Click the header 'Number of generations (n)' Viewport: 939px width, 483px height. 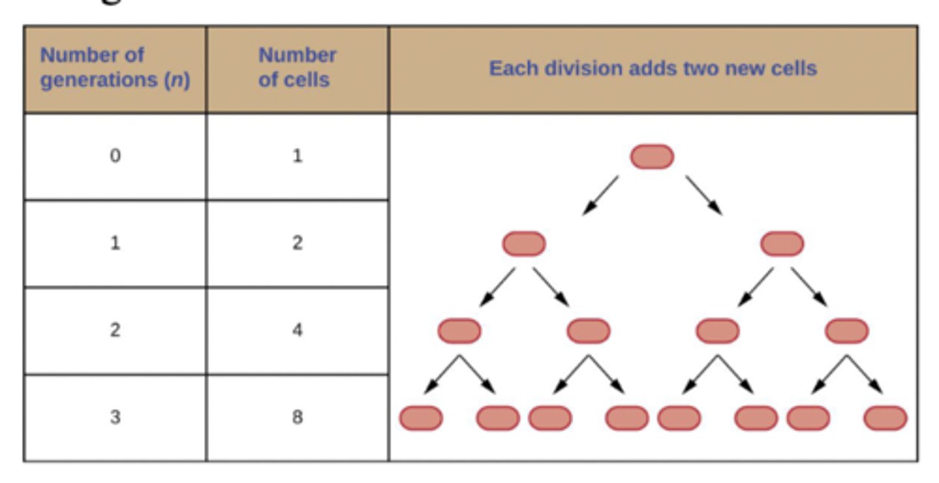115,68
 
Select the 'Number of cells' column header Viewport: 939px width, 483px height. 297,68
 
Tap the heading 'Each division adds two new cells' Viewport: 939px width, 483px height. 653,69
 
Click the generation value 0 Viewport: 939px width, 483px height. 115,157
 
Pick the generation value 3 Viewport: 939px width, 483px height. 115,417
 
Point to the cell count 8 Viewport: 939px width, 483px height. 297,417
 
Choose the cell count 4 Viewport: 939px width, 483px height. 297,330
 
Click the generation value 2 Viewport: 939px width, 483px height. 115,330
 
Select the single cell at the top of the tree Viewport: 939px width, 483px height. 652,157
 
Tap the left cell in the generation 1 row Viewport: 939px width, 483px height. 524,243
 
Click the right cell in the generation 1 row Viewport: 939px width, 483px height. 782,243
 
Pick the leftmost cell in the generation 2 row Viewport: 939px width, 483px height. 459,331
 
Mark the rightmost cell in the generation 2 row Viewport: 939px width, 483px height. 846,331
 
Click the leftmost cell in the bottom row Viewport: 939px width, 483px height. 421,418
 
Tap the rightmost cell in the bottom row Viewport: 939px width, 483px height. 885,418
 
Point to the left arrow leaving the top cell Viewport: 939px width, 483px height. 600,195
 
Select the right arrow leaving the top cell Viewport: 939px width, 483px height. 704,195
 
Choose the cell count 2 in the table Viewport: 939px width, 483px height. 297,243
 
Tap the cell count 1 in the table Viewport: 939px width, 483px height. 297,157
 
